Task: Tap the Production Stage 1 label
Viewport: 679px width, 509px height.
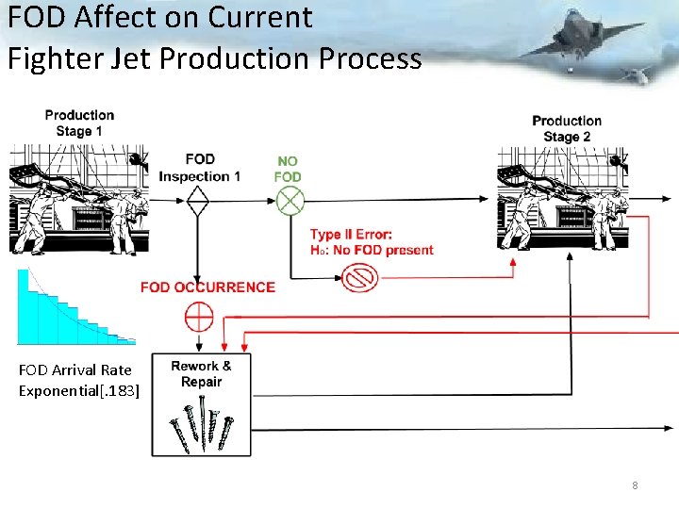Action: pyautogui.click(x=79, y=123)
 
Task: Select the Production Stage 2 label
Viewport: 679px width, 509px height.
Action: pyautogui.click(x=567, y=129)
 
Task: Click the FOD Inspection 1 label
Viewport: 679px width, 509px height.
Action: pyautogui.click(x=200, y=168)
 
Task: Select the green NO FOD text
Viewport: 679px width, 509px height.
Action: pyautogui.click(x=288, y=169)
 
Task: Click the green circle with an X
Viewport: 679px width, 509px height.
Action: pyautogui.click(x=289, y=201)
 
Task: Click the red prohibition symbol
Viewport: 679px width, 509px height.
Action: pyautogui.click(x=360, y=277)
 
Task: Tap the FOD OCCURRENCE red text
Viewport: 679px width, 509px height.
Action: pyautogui.click(x=207, y=287)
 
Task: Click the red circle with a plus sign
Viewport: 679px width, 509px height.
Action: pyautogui.click(x=199, y=317)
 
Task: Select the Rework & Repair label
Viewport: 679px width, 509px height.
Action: pyautogui.click(x=201, y=373)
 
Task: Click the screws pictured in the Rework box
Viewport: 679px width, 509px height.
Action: pyautogui.click(x=200, y=422)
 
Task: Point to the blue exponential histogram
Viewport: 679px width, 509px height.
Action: pyautogui.click(x=71, y=309)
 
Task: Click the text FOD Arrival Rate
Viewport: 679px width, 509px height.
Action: pyautogui.click(x=75, y=370)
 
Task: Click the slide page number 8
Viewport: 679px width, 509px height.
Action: pyautogui.click(x=635, y=485)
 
